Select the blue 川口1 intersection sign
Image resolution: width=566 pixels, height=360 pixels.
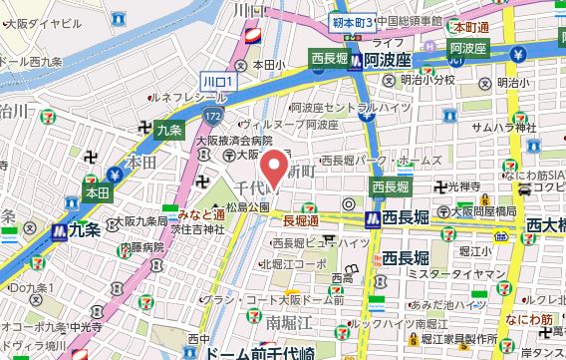point(216,80)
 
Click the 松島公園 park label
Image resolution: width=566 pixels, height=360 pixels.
point(247,207)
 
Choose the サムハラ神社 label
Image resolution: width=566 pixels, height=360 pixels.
point(504,128)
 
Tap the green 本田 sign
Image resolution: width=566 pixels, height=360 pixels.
point(97,190)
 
